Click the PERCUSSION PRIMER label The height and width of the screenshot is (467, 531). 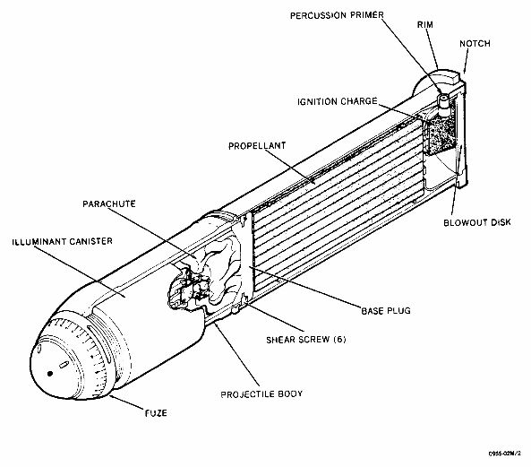click(x=337, y=15)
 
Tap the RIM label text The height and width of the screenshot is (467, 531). click(x=425, y=25)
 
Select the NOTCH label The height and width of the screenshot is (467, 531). click(x=475, y=44)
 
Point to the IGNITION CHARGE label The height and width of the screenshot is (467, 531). click(x=338, y=101)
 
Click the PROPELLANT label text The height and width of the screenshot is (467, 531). click(x=257, y=146)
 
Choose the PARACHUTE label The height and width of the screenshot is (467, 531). click(x=109, y=204)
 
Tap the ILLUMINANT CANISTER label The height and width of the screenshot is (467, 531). click(x=63, y=242)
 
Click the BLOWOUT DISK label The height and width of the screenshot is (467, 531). click(x=477, y=222)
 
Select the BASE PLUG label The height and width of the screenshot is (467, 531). click(x=386, y=311)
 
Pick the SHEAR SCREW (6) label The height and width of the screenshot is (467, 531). click(x=306, y=340)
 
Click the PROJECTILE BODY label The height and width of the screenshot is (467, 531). click(x=261, y=394)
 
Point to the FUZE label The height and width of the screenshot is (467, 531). click(x=156, y=413)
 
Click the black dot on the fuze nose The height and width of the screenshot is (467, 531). click(x=50, y=374)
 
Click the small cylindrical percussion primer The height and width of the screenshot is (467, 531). click(x=443, y=100)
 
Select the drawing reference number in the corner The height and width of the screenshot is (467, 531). click(x=505, y=454)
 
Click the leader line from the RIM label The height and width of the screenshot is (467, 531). click(x=433, y=49)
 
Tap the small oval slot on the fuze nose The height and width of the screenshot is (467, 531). click(x=64, y=365)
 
